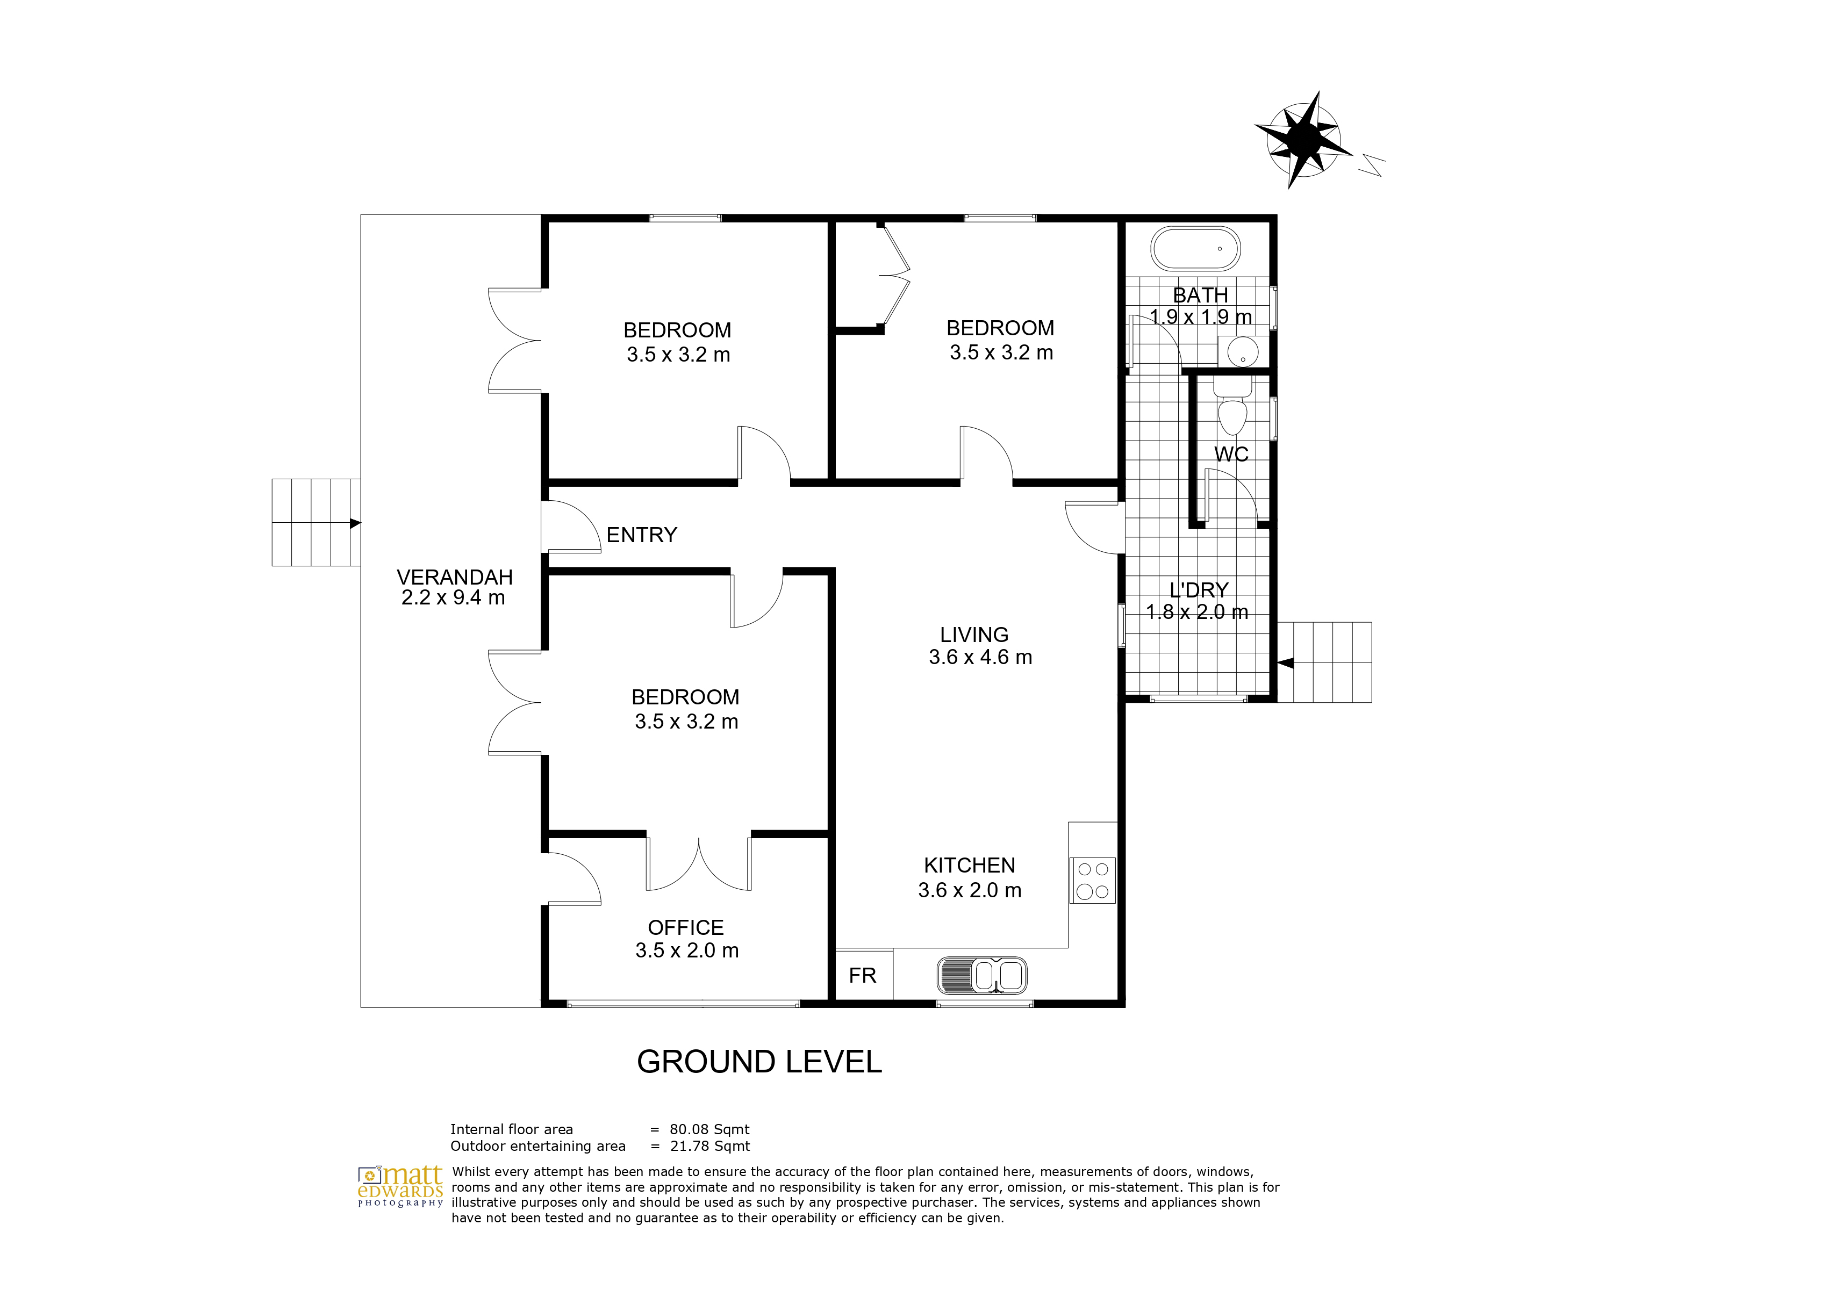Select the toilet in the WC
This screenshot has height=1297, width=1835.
(1231, 408)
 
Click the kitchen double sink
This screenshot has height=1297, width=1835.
(981, 976)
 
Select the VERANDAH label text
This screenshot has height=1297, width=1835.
(455, 577)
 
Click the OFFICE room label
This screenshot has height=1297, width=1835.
(686, 928)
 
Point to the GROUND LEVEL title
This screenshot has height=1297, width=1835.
(759, 1062)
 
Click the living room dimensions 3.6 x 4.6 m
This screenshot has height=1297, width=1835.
(980, 658)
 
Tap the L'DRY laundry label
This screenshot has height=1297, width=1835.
(1199, 590)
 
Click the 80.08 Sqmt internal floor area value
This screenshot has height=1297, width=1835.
(709, 1130)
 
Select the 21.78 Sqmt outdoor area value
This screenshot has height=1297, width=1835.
(709, 1147)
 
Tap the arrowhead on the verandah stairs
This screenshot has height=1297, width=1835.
(356, 523)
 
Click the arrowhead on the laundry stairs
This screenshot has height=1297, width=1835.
(1285, 662)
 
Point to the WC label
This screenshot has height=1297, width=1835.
(1231, 455)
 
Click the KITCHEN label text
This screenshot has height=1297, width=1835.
(970, 866)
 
